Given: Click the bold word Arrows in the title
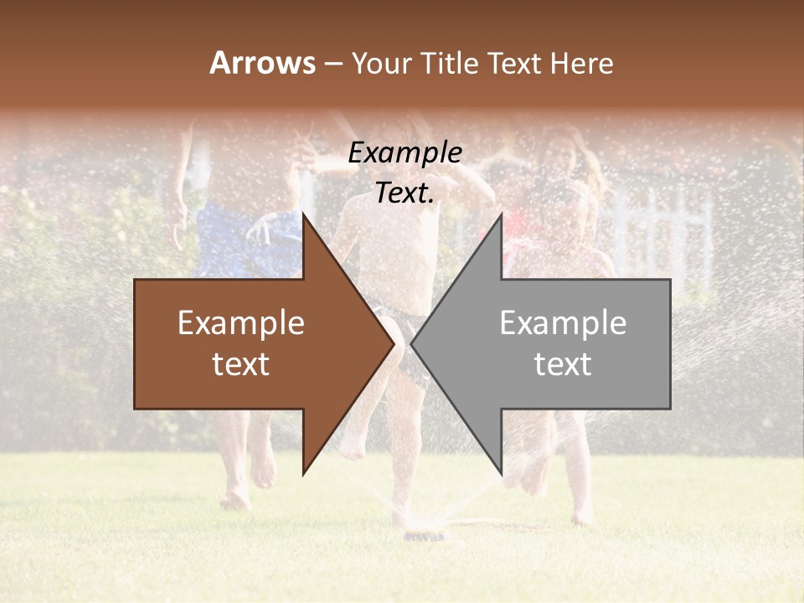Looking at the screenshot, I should (262, 64).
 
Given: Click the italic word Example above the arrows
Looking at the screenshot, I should (405, 153).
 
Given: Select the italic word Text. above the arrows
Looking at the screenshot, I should (405, 193).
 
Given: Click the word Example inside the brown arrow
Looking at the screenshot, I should (241, 323).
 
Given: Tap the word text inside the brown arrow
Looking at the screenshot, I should (241, 364).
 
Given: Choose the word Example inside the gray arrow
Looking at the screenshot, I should (563, 323).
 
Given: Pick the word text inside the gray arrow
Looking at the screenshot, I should (563, 364).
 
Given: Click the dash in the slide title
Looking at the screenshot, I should (332, 64).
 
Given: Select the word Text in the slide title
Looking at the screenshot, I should (515, 64).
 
